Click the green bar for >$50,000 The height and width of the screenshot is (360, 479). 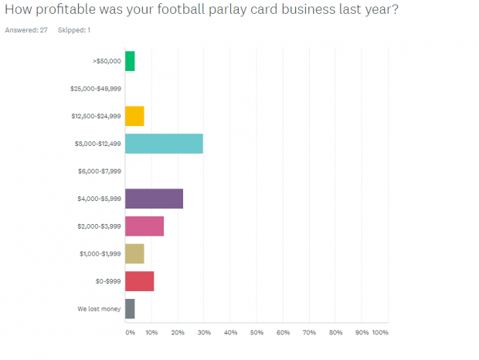coord(130,61)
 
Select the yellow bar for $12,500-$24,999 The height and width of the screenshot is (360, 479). coord(134,116)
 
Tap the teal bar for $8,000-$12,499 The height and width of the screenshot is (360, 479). coord(164,144)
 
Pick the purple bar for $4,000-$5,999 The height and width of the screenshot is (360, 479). coord(154,199)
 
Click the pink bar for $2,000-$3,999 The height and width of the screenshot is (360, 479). coord(144,226)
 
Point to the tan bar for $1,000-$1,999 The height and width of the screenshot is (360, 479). coord(134,253)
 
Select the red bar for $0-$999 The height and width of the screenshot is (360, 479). coord(139,281)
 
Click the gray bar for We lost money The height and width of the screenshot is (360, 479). coord(130,308)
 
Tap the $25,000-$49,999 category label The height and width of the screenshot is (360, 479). coord(95,89)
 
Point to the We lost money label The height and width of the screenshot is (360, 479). coord(99,309)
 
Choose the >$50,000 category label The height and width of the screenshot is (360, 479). coord(107,61)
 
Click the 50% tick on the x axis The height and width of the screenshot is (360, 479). coord(256,333)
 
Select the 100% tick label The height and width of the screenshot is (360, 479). coord(379,333)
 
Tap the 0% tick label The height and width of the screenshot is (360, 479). coord(130,333)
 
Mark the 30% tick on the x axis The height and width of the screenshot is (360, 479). coord(204,333)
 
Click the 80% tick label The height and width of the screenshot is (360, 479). coord(335,333)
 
